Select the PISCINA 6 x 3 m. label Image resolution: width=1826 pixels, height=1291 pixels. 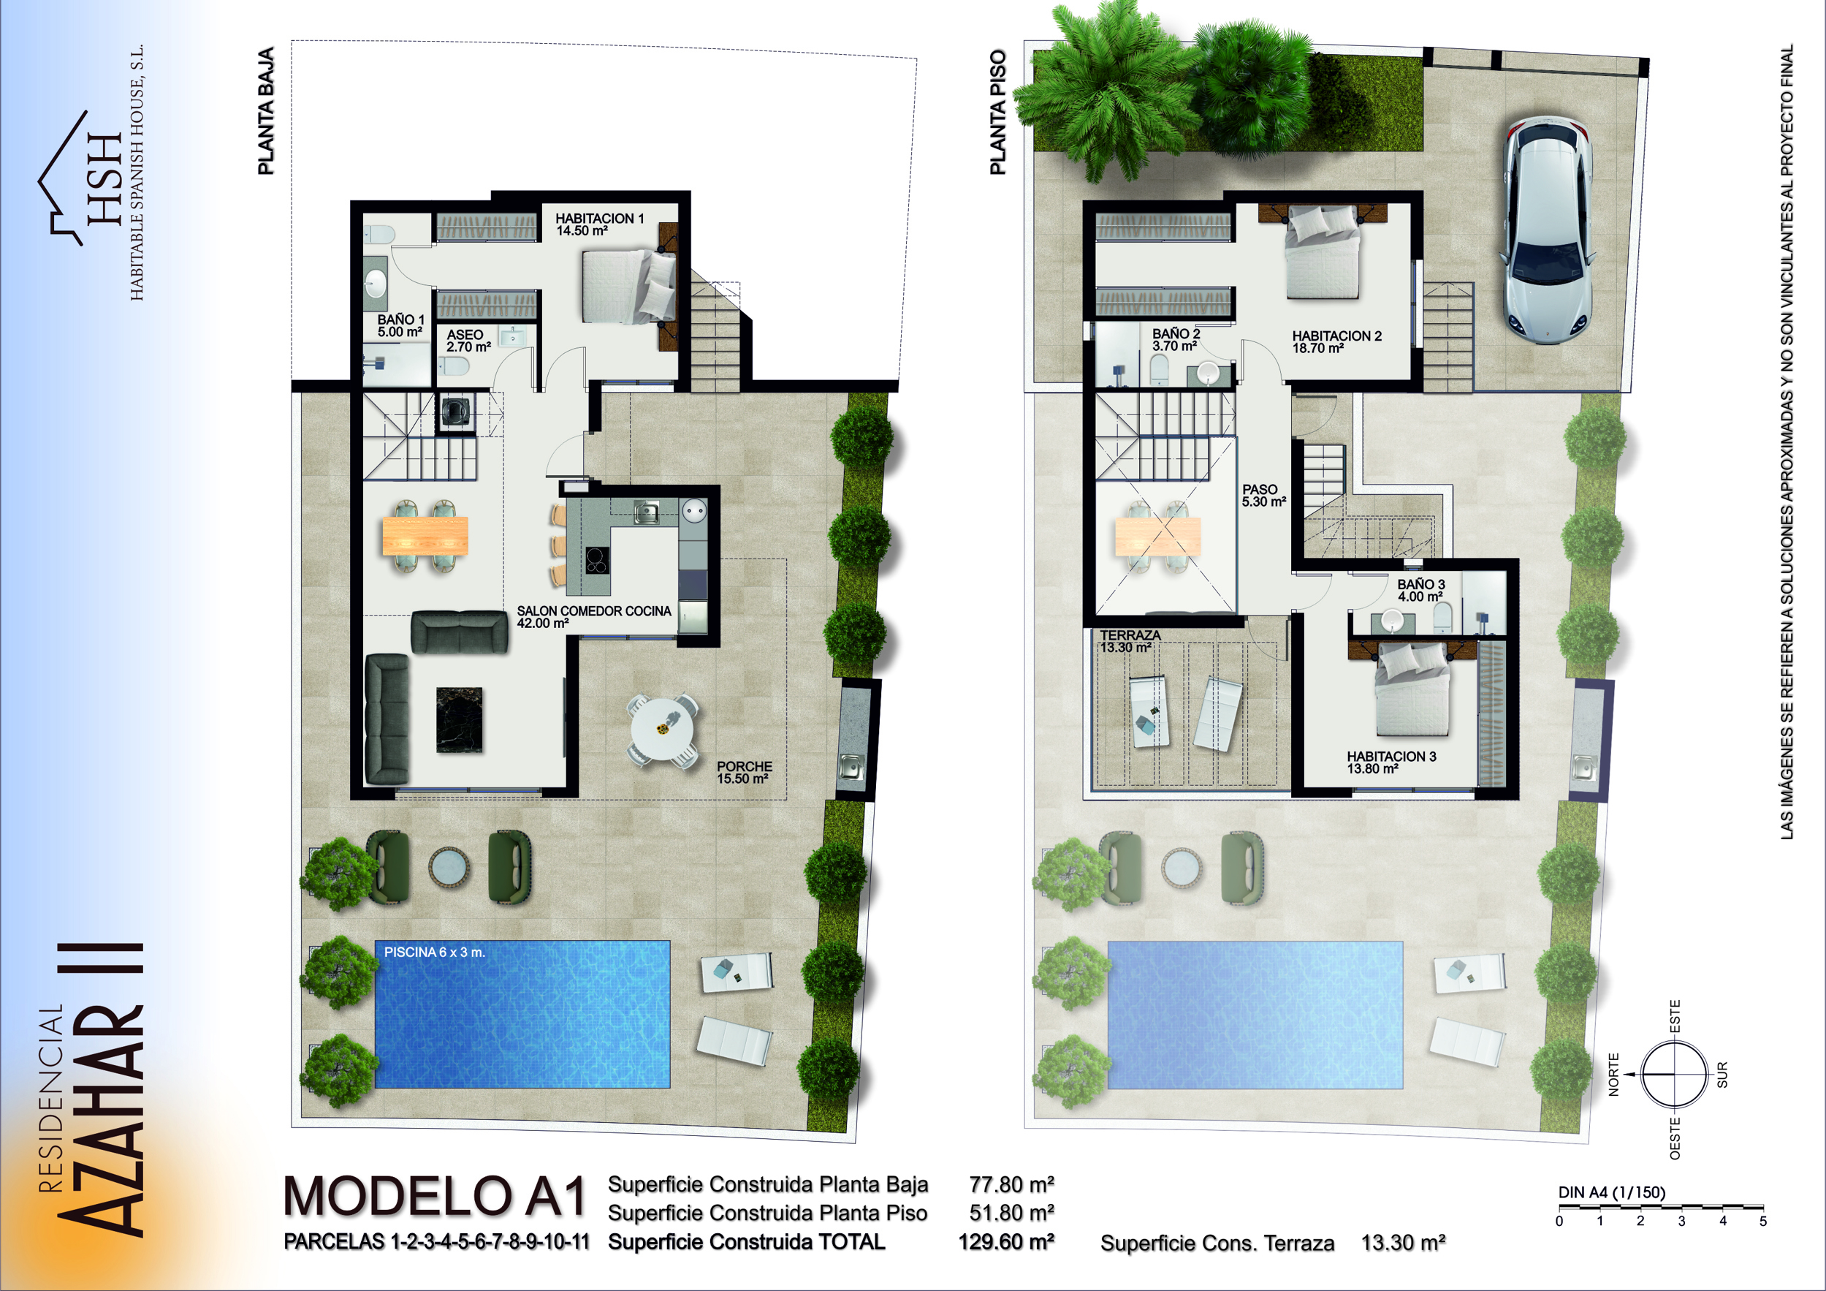(x=434, y=952)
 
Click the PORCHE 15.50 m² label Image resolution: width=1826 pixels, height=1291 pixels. (x=745, y=773)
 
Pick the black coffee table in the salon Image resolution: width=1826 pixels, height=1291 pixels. (x=459, y=720)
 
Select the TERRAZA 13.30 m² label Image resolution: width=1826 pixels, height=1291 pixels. (x=1130, y=641)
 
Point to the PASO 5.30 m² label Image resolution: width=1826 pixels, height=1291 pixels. (x=1263, y=496)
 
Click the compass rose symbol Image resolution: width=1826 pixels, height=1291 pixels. (x=1674, y=1074)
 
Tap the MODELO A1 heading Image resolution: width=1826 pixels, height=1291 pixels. (x=435, y=1197)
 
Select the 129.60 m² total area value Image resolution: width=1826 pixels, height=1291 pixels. (x=1006, y=1242)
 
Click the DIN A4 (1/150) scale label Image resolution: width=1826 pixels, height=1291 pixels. (x=1612, y=1192)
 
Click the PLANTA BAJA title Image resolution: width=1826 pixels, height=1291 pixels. (x=266, y=111)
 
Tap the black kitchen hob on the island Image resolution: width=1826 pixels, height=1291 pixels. (x=597, y=561)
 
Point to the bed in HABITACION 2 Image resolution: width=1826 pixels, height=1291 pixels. (x=1322, y=253)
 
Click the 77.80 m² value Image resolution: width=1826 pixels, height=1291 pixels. (x=1011, y=1184)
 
